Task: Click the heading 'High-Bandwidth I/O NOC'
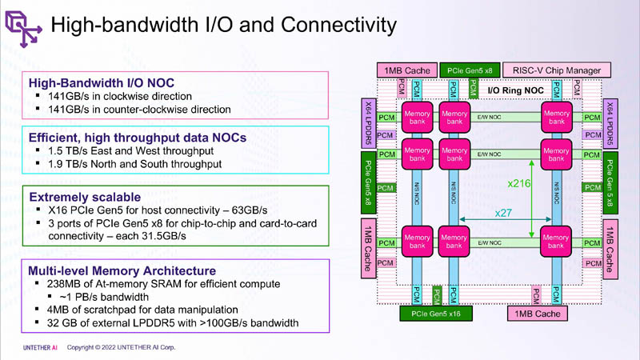coord(101,82)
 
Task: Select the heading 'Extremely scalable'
coord(85,196)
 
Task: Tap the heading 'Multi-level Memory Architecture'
coord(122,270)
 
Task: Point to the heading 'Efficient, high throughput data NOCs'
coord(138,137)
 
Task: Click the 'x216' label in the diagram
coord(520,183)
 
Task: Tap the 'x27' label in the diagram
coord(503,213)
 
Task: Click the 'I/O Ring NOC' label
coord(516,91)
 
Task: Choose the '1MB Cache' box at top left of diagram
coord(407,70)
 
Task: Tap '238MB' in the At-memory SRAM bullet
coord(64,283)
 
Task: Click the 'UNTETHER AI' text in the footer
coord(40,348)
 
